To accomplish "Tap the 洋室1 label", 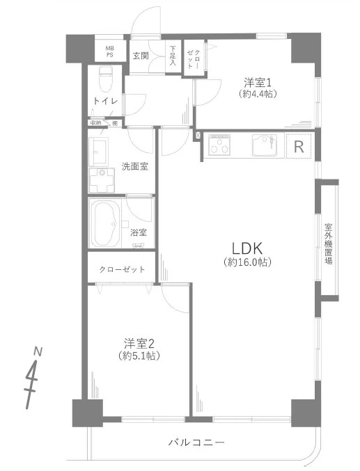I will pos(256,80).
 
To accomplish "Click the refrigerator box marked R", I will pos(299,147).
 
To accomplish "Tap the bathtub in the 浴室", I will pos(109,223).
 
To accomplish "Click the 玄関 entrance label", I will pos(141,55).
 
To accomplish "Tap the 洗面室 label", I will pos(134,166).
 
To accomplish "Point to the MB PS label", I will pos(109,50).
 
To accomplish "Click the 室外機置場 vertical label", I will pos(328,244).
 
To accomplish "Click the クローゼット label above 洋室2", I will pos(122,269).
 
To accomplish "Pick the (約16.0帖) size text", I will pos(247,262).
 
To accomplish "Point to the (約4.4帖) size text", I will pos(256,93).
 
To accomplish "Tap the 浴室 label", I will pos(139,233).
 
